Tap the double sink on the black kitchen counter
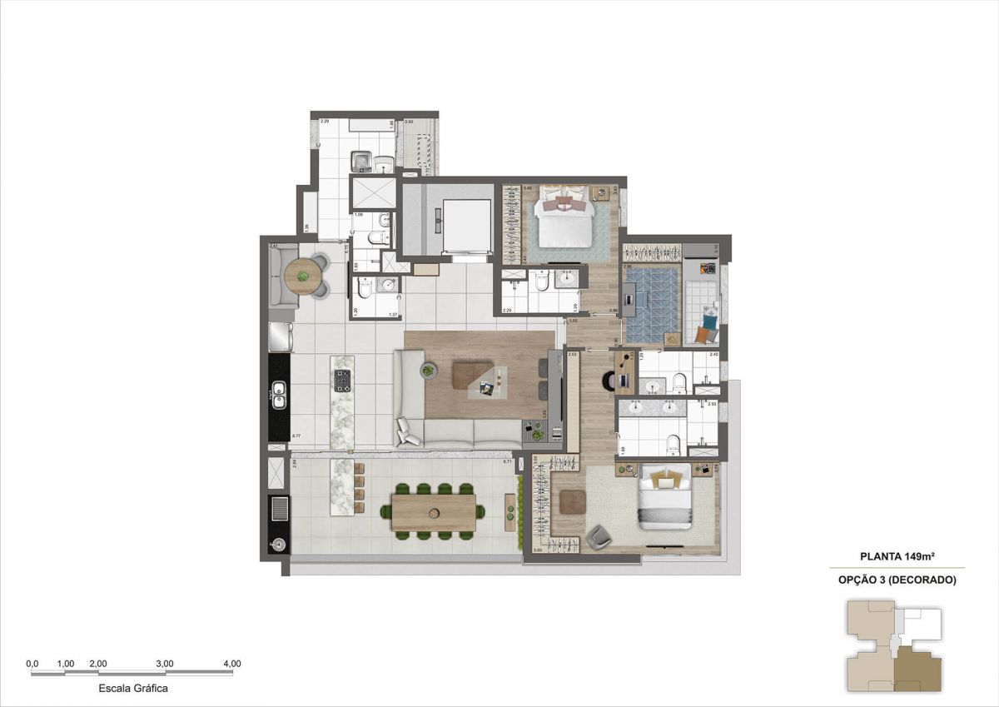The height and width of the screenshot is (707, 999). [279, 396]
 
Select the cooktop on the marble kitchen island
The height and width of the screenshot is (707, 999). [342, 381]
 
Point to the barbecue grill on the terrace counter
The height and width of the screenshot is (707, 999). [279, 509]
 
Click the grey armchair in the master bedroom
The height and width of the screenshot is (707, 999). [599, 537]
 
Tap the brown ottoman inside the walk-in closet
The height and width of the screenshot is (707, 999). [572, 502]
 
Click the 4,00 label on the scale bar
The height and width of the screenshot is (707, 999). [232, 664]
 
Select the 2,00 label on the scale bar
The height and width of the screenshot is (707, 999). [97, 664]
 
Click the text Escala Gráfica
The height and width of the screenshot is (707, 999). [133, 689]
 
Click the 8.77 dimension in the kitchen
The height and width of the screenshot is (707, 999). [296, 435]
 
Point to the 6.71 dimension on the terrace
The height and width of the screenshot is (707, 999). [508, 461]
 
